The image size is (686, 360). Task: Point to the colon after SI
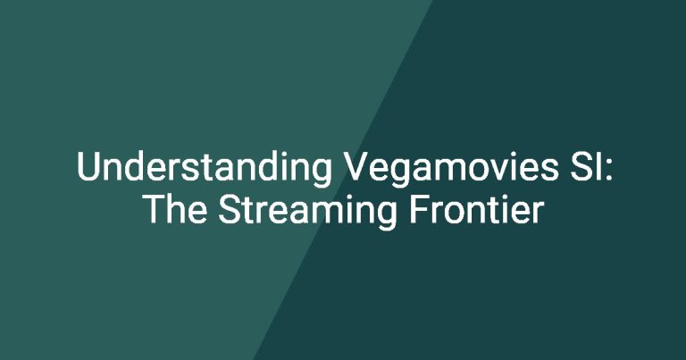[610, 171]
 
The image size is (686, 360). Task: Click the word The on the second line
[175, 210]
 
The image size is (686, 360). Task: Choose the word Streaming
[307, 213]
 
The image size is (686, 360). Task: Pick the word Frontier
[476, 210]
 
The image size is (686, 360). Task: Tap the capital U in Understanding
[88, 166]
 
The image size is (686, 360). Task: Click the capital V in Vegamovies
[359, 166]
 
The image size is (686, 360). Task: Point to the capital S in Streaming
[230, 210]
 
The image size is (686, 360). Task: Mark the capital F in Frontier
[419, 210]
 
